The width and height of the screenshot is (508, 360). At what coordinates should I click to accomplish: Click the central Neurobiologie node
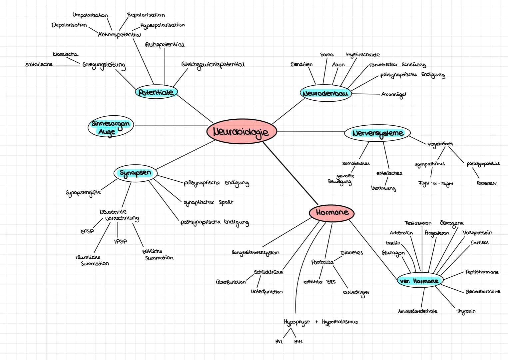click(x=242, y=131)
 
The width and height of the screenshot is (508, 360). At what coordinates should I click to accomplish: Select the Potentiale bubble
click(x=156, y=92)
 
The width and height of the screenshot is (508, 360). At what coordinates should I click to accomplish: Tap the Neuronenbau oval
click(x=326, y=93)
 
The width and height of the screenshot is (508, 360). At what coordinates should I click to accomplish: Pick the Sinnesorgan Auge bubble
click(x=111, y=126)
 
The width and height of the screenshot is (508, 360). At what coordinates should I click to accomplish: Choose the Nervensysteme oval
click(x=377, y=133)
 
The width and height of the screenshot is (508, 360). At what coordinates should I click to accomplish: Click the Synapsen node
click(x=135, y=173)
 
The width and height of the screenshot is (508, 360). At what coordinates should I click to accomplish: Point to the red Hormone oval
click(x=331, y=213)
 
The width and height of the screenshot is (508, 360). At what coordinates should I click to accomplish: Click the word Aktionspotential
click(x=120, y=35)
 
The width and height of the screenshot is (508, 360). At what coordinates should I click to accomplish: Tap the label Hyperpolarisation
click(x=163, y=25)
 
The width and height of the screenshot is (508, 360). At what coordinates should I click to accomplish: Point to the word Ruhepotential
click(x=165, y=45)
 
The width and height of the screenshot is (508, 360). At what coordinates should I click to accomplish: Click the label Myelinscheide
click(x=363, y=55)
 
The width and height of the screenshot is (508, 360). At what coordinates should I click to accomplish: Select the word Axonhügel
click(x=394, y=95)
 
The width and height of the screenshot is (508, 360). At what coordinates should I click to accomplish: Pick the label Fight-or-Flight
click(x=436, y=183)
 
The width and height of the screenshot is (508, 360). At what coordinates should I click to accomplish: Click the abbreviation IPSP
click(x=121, y=241)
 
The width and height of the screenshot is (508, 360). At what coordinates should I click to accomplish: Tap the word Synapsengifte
click(x=84, y=193)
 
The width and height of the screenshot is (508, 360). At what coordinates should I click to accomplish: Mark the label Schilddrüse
click(x=268, y=272)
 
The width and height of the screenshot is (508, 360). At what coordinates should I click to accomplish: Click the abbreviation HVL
click(x=279, y=342)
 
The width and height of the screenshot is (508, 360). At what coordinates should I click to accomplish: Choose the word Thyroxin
click(x=466, y=311)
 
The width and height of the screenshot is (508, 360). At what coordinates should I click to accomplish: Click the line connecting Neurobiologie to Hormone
click(x=290, y=173)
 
